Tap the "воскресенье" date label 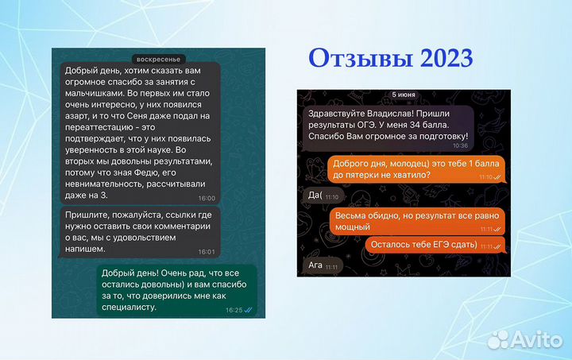pyautogui.click(x=158, y=59)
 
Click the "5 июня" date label pyautogui.click(x=403, y=95)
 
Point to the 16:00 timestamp pyautogui.click(x=206, y=198)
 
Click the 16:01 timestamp pyautogui.click(x=206, y=251)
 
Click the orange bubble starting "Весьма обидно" pyautogui.click(x=416, y=220)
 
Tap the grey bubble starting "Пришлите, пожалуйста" pyautogui.click(x=137, y=232)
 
